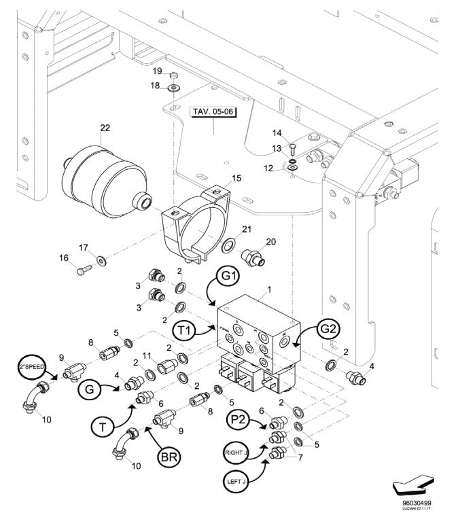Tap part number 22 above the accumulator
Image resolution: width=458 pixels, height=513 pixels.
pos(105,128)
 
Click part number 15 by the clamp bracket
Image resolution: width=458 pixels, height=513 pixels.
pos(236,178)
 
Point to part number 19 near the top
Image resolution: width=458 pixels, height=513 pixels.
pos(156,71)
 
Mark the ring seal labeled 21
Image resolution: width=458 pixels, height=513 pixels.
pos(230,245)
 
